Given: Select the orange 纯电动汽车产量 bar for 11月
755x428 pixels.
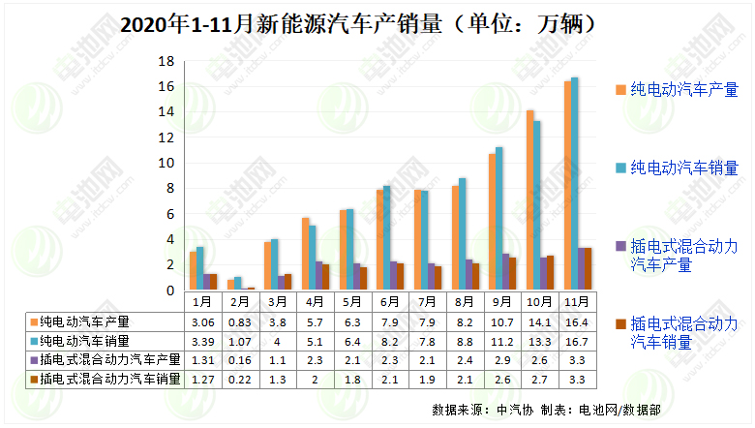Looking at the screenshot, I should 567,185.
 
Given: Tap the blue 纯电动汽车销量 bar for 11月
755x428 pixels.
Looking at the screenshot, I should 575,183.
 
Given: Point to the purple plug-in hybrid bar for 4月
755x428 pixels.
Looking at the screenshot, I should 318,275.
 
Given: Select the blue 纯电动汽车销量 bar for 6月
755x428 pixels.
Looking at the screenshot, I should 387,237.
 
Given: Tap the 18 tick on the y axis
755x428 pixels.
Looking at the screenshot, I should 166,61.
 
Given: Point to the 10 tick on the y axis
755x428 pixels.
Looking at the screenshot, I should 166,163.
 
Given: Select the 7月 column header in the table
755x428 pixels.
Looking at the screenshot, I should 424,302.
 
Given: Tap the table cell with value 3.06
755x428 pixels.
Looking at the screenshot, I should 200,321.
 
